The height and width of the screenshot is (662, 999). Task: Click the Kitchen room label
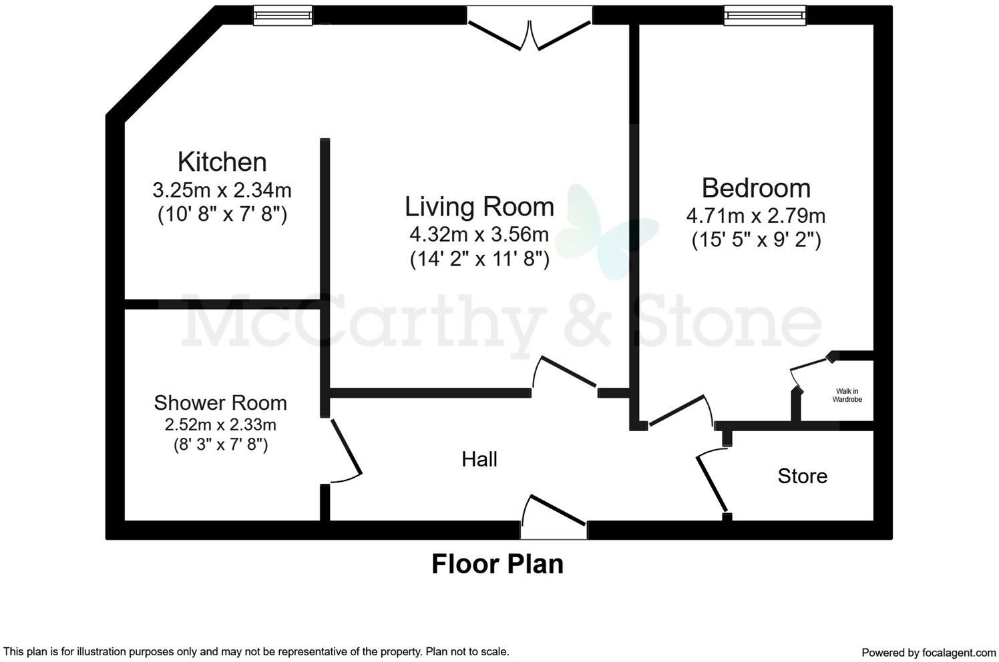222,162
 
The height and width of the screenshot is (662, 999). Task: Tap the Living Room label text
479,207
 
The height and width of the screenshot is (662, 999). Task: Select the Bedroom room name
756,188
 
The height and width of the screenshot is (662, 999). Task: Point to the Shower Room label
220,403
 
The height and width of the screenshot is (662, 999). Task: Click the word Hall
479,459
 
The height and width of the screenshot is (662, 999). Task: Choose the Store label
802,476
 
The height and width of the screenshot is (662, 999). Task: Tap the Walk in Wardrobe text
847,396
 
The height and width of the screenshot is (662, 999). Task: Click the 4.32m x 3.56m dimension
479,234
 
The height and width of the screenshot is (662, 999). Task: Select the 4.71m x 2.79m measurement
756,216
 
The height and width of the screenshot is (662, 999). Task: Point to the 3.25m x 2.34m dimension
222,190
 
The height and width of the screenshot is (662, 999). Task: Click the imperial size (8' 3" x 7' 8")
220,444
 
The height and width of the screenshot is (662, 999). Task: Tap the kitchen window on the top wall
282,15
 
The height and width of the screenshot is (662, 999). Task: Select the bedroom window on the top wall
765,15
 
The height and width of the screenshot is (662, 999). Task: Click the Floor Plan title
497,564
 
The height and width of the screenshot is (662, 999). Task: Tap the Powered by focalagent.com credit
928,652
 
